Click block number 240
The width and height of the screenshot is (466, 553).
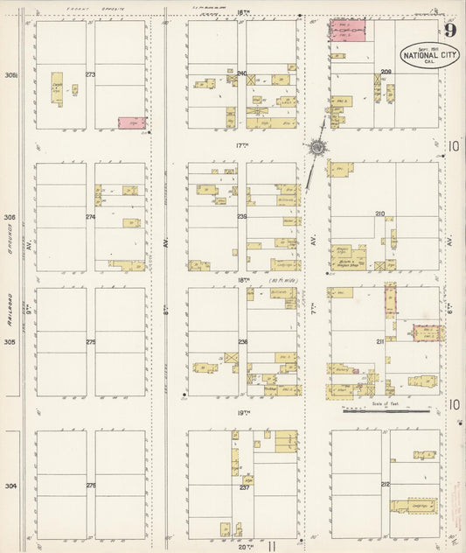(242, 73)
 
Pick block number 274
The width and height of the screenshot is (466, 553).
(89, 216)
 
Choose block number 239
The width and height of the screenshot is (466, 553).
(242, 216)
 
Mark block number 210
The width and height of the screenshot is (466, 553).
(379, 213)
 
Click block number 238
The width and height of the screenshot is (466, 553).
(242, 341)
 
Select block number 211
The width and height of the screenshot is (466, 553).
(379, 340)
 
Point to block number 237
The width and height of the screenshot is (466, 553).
(245, 487)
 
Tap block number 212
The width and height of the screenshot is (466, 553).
(385, 484)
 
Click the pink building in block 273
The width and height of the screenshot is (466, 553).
(131, 124)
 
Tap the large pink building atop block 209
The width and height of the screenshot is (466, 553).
(346, 31)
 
